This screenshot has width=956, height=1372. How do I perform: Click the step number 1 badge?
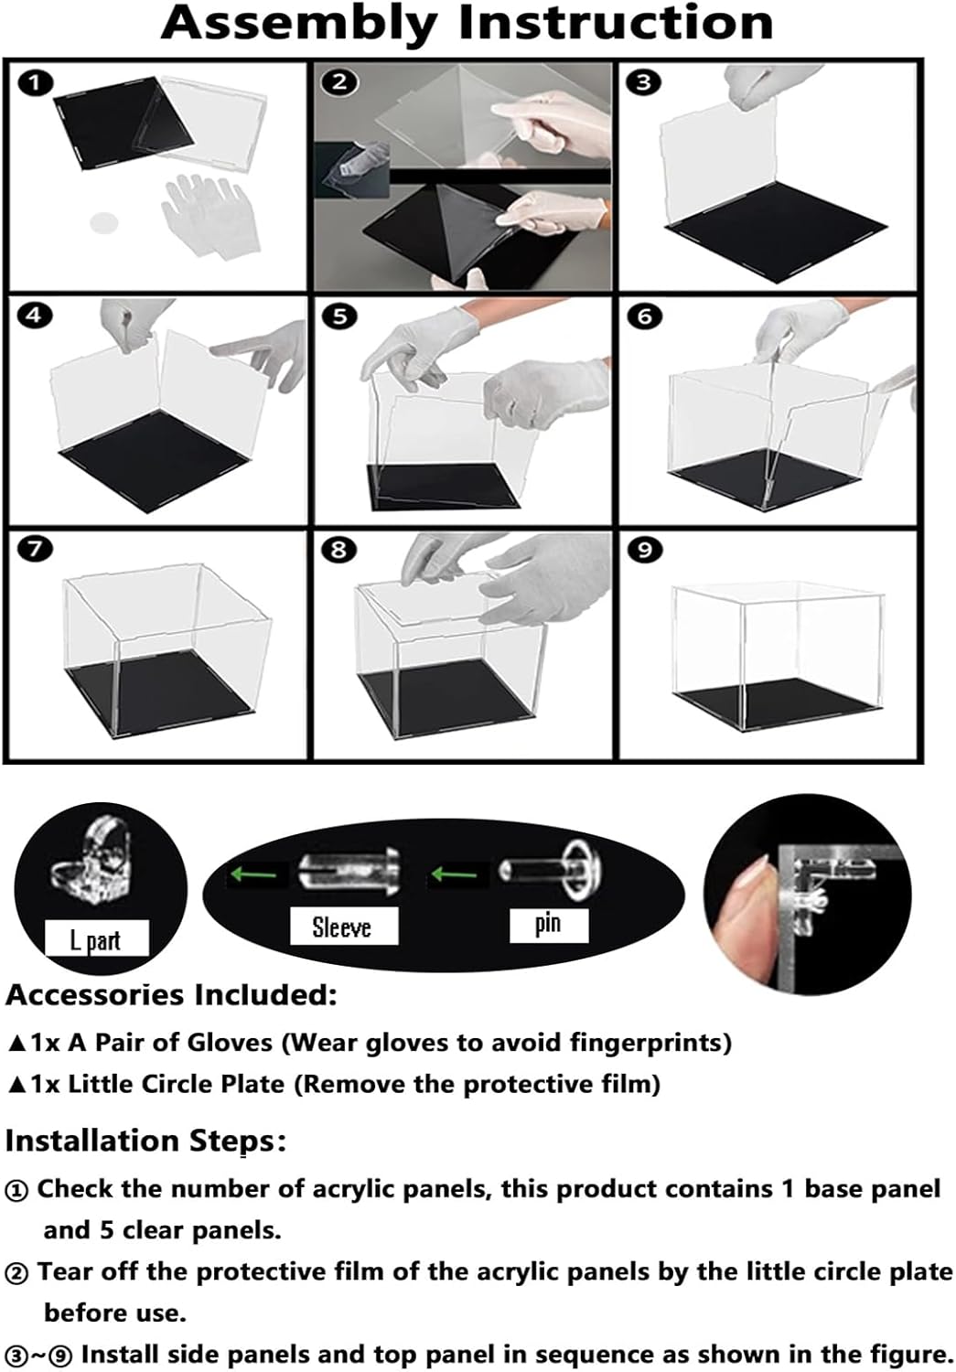36,82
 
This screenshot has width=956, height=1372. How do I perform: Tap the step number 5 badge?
340,316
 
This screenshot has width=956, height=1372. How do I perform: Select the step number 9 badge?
645,550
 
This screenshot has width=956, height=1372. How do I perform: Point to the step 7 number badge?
36,549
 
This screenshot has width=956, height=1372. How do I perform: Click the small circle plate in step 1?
103,222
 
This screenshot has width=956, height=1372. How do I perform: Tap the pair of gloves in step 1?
210,213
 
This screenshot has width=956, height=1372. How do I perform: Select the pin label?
547,924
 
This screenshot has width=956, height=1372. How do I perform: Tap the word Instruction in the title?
616,23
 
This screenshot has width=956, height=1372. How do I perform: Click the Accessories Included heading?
171,996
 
